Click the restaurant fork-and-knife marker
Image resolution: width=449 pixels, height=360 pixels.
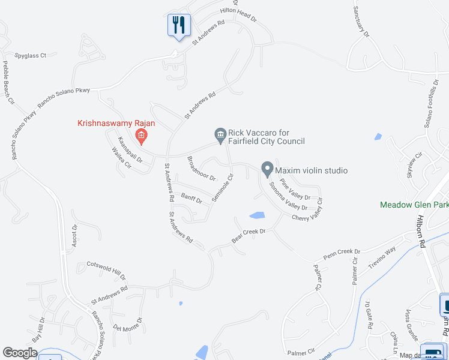point(178,25)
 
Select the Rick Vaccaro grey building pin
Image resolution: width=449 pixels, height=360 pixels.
point(220,135)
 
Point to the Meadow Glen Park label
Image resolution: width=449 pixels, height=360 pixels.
point(414,205)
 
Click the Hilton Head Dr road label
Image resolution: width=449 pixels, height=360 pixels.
point(238,14)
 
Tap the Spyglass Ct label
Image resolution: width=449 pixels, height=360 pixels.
point(31,56)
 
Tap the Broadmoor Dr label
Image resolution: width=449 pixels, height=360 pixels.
point(201,169)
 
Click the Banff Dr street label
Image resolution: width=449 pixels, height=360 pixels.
point(191,196)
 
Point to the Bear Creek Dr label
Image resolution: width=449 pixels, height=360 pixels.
point(249,235)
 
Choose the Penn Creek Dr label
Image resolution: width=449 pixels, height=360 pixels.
point(341,254)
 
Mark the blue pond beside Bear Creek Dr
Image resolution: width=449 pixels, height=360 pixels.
point(256,215)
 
